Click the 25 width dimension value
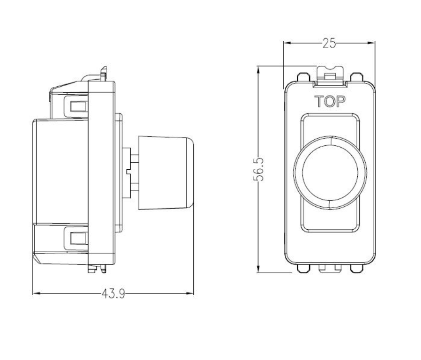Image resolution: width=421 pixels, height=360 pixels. tap(330, 43)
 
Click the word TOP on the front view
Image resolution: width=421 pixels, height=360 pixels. tap(330, 102)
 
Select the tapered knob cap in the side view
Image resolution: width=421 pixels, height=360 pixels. tap(167, 172)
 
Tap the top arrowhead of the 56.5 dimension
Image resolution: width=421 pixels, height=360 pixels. tap(258, 69)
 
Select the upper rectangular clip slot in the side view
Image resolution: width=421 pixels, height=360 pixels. tap(76, 106)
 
